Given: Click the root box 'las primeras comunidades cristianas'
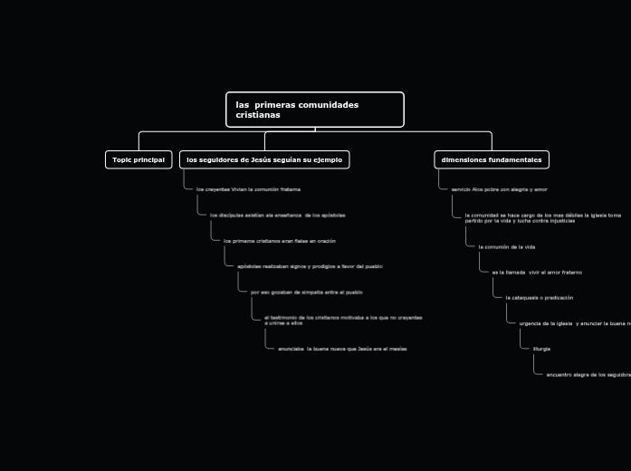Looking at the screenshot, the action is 314,110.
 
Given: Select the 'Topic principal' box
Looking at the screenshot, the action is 139,159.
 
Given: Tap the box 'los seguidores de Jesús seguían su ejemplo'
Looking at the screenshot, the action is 264,159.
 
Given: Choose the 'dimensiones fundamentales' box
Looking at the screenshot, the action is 492,159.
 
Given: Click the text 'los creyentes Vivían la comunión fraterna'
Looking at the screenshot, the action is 248,189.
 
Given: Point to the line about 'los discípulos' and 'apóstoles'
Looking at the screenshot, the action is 277,216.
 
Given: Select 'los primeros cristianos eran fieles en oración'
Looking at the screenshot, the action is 279,241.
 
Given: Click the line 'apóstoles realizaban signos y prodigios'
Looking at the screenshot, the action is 310,266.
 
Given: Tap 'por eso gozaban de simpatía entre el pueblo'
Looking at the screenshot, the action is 306,293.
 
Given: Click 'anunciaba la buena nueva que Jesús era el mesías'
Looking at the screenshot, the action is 342,349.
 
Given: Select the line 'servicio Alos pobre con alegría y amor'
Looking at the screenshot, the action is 499,189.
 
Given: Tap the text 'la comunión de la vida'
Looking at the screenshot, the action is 507,246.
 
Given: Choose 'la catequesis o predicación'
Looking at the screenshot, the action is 539,297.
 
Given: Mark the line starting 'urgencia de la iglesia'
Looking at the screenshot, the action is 574,323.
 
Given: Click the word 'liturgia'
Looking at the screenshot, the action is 541,349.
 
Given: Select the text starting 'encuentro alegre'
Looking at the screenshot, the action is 588,374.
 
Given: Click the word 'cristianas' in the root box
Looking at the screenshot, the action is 258,116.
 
